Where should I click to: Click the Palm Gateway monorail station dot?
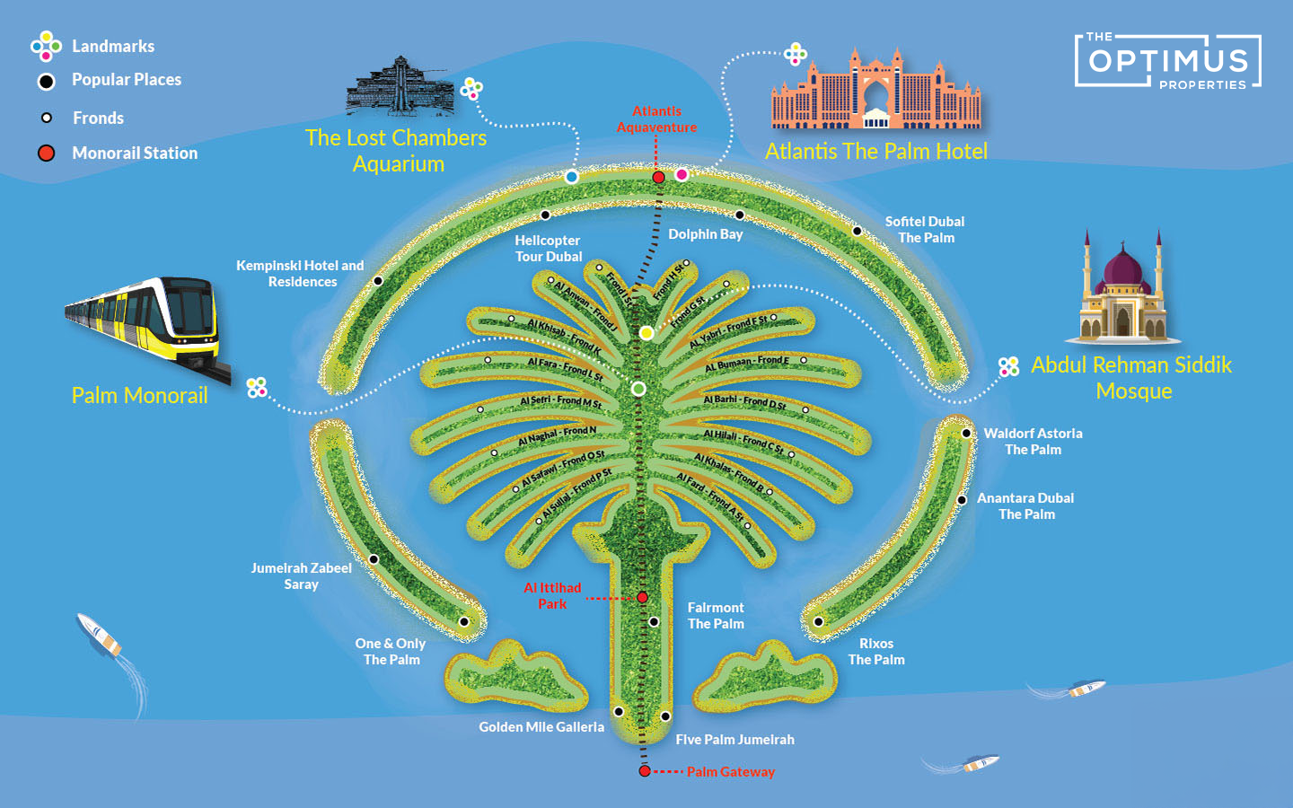[645, 771]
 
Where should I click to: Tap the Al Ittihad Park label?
[552, 595]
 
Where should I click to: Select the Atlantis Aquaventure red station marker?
[658, 178]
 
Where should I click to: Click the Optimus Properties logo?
[1168, 61]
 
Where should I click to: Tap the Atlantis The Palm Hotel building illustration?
[875, 90]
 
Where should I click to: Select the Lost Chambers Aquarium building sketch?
[400, 87]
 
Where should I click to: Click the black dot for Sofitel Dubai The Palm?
[857, 232]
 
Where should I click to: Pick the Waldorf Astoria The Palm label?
[1033, 441]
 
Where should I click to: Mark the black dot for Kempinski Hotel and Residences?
[378, 281]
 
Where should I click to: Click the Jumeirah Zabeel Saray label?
[301, 575]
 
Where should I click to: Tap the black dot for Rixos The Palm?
[818, 621]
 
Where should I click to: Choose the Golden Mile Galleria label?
[541, 727]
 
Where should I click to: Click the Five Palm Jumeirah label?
[734, 740]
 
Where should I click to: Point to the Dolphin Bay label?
[705, 234]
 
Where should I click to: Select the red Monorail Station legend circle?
[47, 154]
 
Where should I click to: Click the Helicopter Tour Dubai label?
[548, 248]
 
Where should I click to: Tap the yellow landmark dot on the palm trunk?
[646, 333]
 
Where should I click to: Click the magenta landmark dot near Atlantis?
[682, 174]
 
